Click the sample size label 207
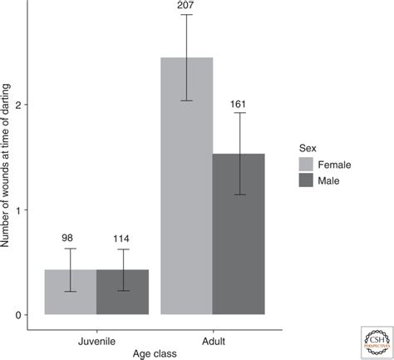pyautogui.click(x=187, y=7)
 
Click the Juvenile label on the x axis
pyautogui.click(x=96, y=340)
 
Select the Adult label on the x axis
pyautogui.click(x=213, y=340)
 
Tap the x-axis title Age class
pyautogui.click(x=155, y=353)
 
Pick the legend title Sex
pyautogui.click(x=308, y=146)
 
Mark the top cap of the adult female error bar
pyautogui.click(x=187, y=15)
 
